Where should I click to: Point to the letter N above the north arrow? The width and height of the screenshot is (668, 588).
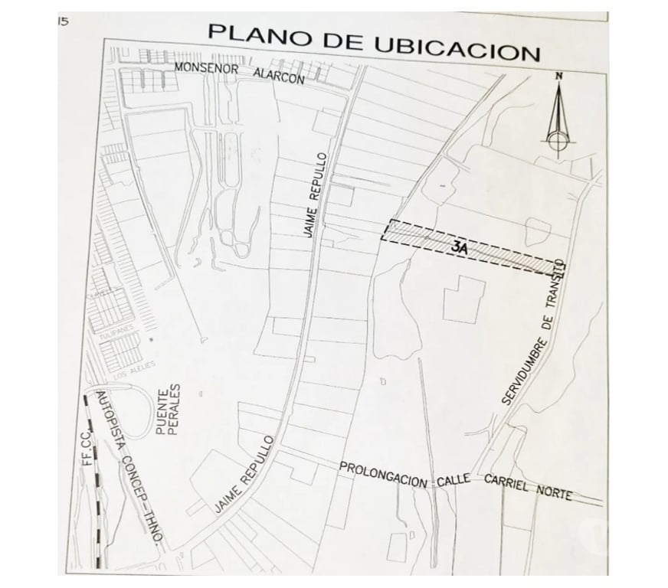click(559, 75)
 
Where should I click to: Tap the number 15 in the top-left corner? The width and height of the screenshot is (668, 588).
click(63, 21)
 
